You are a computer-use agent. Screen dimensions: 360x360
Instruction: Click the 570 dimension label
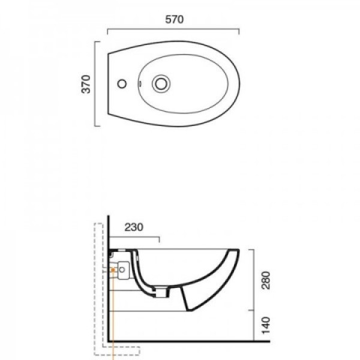click(174, 20)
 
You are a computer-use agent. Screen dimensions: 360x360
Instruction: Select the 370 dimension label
click(86, 84)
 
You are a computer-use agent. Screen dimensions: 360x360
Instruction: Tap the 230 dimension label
click(134, 227)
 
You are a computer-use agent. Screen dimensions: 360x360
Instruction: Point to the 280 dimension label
click(266, 280)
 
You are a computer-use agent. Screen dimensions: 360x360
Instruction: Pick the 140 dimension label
click(266, 326)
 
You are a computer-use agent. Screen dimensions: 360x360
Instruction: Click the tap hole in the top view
click(122, 84)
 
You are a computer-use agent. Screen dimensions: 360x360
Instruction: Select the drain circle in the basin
click(161, 83)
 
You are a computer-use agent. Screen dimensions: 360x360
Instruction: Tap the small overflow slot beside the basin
click(140, 84)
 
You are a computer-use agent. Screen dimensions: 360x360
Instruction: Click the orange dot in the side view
click(113, 270)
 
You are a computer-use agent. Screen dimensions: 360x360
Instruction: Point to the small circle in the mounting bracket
click(122, 269)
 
